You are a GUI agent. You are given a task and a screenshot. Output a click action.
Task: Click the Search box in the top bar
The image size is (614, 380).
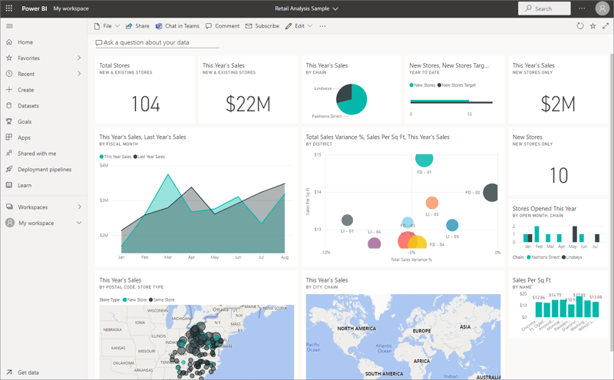point(545,8)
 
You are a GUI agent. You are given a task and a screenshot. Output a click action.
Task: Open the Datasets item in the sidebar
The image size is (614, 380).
point(28,106)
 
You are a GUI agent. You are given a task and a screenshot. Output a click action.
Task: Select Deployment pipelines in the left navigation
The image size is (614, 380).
point(45,169)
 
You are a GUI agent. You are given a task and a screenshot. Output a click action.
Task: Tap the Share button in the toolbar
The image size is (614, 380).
point(138,26)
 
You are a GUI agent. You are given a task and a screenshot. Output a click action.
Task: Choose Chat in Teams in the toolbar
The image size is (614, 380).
point(177,26)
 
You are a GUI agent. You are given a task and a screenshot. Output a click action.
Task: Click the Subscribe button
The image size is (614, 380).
point(262,26)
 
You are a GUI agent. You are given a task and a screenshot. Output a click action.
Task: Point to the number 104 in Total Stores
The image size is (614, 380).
point(145,104)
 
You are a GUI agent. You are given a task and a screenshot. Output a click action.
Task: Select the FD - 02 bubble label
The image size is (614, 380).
point(473,193)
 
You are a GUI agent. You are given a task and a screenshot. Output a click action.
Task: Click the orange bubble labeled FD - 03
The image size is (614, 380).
point(432,203)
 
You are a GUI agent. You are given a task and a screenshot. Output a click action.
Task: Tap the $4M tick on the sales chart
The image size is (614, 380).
point(104,165)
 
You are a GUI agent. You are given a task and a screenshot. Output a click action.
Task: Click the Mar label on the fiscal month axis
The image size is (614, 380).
point(167,258)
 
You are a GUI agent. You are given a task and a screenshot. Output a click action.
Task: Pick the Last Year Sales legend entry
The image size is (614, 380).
point(150,157)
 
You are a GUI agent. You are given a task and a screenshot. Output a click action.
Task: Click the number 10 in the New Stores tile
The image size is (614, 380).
point(559,175)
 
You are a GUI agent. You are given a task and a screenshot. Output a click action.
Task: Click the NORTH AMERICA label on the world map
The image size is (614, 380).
point(355,329)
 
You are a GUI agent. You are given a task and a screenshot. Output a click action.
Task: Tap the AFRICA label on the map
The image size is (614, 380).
point(421,360)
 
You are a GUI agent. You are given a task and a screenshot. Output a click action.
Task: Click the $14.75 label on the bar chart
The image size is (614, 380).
point(556,295)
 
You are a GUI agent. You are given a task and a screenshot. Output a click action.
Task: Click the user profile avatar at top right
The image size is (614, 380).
point(601,8)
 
